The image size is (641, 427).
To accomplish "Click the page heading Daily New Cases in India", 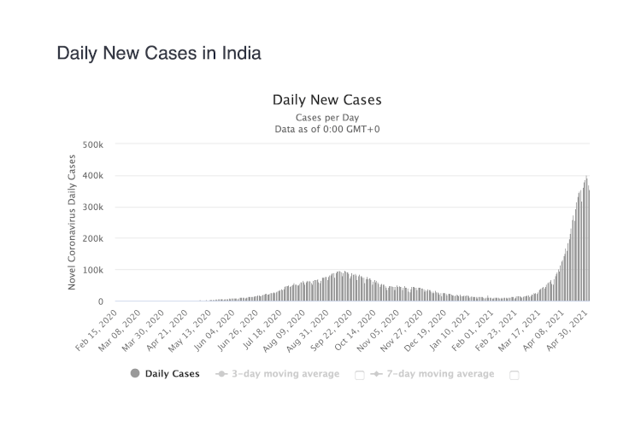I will [x=158, y=53].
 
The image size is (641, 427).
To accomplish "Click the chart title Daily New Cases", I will [x=326, y=100].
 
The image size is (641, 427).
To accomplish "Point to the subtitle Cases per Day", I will [x=326, y=117].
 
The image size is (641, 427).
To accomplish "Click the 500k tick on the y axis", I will [x=92, y=144].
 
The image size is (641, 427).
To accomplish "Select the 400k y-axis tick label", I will [x=92, y=176].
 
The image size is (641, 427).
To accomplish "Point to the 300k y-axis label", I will [x=92, y=208].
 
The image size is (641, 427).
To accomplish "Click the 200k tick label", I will [x=92, y=239].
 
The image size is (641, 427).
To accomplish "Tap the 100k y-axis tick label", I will [x=92, y=270].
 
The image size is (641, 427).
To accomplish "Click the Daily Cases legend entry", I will [x=172, y=373].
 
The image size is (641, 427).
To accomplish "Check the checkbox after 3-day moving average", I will [x=359, y=374].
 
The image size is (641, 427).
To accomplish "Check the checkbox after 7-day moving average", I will [x=514, y=374].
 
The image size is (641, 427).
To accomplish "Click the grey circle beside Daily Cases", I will [x=135, y=373].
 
